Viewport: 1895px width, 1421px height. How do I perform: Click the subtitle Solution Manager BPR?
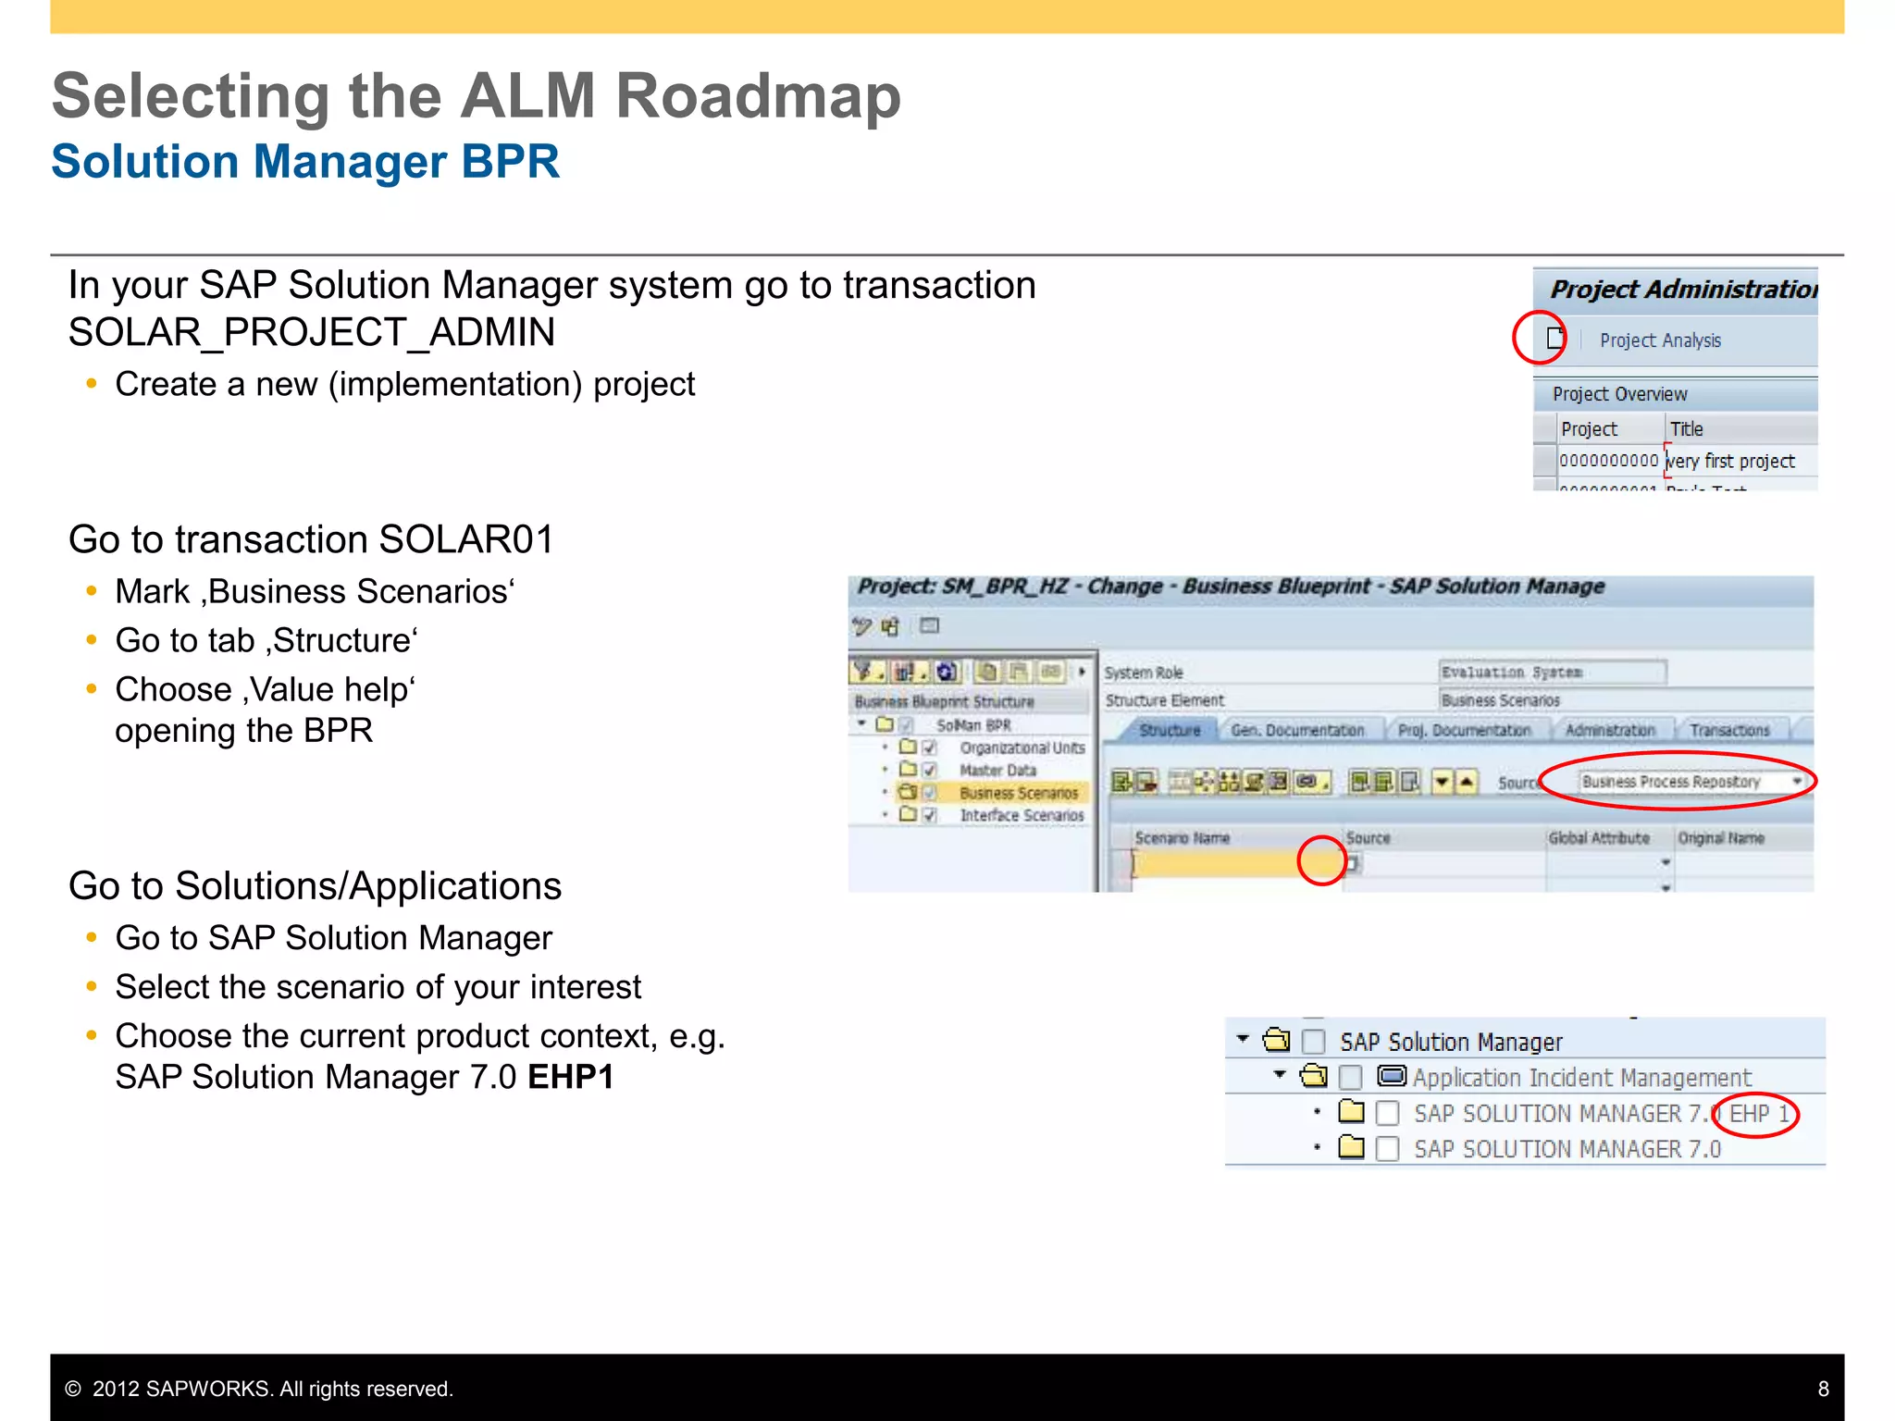tap(305, 162)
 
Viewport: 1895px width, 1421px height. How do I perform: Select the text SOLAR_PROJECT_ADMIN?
tap(312, 332)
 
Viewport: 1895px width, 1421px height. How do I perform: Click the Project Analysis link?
tap(1660, 340)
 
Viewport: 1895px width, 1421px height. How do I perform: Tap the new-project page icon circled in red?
tap(1555, 338)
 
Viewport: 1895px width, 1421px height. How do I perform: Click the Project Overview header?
tap(1619, 394)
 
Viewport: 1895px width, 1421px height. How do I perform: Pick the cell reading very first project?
tap(1730, 461)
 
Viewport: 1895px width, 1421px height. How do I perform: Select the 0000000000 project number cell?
tap(1608, 461)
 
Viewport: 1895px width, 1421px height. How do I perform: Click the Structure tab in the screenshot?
tap(1169, 731)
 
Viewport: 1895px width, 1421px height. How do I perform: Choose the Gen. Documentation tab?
tap(1297, 731)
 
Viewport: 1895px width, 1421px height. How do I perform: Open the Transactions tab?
tap(1728, 731)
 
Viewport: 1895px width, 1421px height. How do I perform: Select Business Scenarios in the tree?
tap(1018, 793)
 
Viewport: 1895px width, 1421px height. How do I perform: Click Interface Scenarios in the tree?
tap(1022, 815)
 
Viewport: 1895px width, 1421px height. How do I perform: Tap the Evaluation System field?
tap(1552, 673)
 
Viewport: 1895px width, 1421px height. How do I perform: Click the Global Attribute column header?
tap(1599, 838)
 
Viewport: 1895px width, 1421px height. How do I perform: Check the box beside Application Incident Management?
tap(1351, 1077)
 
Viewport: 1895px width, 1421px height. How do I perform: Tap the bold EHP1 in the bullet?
tap(571, 1078)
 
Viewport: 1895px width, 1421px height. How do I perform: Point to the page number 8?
tap(1823, 1389)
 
